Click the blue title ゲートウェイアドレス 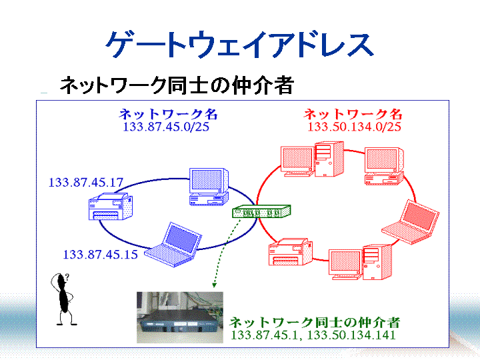[x=239, y=45]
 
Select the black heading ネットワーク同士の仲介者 [x=176, y=85]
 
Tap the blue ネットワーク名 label [x=168, y=114]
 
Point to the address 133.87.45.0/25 [x=166, y=127]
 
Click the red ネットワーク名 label [x=353, y=114]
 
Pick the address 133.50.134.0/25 [x=354, y=127]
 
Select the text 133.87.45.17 [x=86, y=182]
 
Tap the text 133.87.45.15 [x=100, y=254]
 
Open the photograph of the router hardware [x=177, y=317]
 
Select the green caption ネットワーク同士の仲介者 [x=315, y=322]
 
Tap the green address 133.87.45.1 [x=264, y=335]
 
